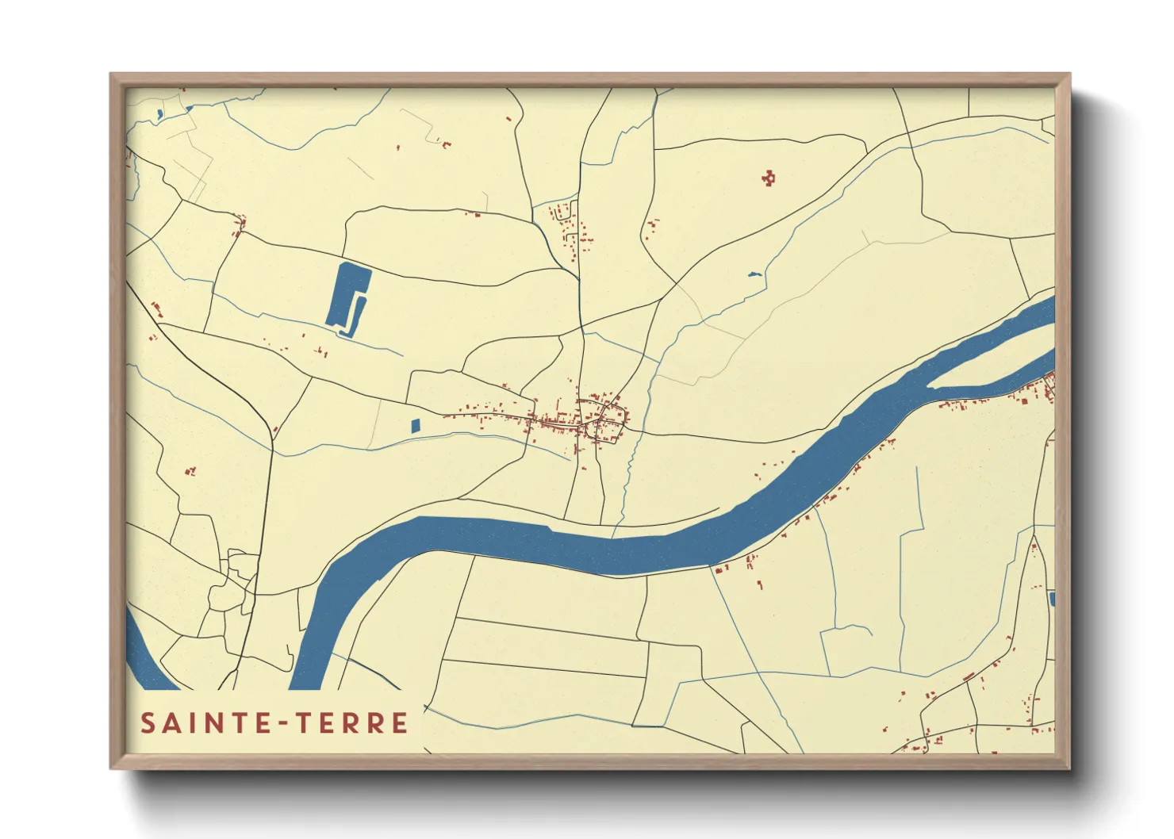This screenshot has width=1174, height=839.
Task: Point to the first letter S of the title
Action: (148, 723)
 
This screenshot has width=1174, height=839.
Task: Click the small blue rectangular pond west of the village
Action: (415, 426)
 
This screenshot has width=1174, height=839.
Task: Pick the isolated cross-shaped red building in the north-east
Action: (768, 178)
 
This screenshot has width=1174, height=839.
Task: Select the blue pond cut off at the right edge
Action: (1052, 599)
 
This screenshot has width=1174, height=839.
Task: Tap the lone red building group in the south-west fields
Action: (190, 472)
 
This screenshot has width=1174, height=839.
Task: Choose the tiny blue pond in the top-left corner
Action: (159, 114)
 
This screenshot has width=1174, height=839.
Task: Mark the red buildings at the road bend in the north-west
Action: (240, 224)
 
